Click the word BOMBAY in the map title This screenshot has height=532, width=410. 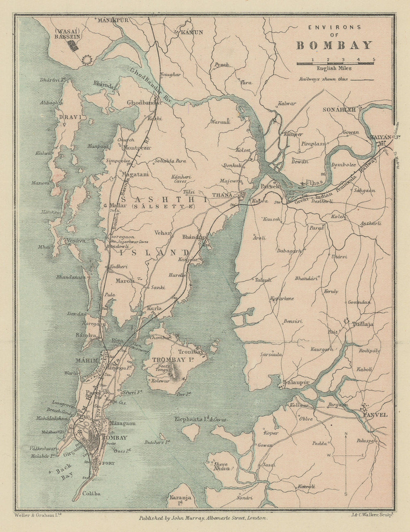pos(334,45)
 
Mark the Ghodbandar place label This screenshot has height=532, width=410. pos(144,102)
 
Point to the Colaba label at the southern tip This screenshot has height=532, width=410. pos(91,493)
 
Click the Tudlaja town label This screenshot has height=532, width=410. pos(362,324)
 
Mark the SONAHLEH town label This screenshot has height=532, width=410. pos(338,110)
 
